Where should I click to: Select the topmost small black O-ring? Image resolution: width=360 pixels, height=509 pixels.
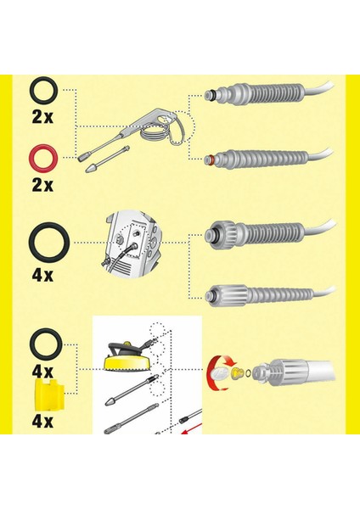pos(42,88)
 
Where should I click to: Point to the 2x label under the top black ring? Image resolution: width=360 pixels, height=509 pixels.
pos(42,114)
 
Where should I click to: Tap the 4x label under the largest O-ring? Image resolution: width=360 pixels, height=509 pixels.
pos(42,277)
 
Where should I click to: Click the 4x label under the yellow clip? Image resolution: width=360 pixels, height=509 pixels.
pos(42,419)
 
